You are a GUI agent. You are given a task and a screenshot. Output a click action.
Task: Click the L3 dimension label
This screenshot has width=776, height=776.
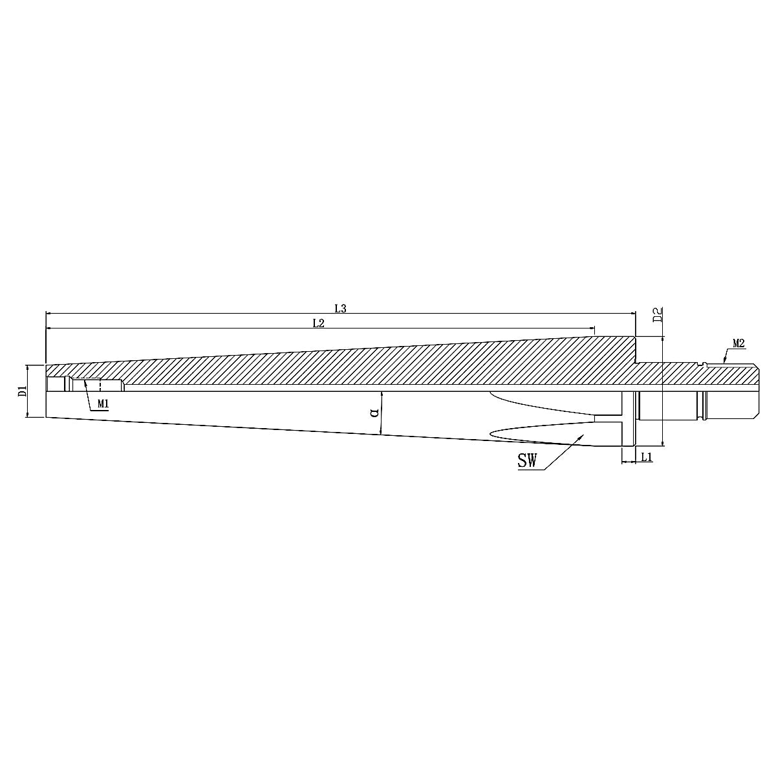pyautogui.click(x=341, y=308)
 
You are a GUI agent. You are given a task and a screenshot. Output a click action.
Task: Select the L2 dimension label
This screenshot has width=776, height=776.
pyautogui.click(x=318, y=323)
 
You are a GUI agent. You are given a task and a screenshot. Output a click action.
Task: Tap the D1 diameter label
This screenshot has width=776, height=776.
pyautogui.click(x=22, y=391)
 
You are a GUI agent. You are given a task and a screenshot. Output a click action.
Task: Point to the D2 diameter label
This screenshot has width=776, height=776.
pyautogui.click(x=658, y=316)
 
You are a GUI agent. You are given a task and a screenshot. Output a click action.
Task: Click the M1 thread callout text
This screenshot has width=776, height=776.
pyautogui.click(x=103, y=404)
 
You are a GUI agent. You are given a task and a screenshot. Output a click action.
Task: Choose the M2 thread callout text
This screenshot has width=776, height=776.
pyautogui.click(x=739, y=343)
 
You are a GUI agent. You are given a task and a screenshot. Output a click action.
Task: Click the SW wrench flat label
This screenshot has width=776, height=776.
pyautogui.click(x=527, y=460)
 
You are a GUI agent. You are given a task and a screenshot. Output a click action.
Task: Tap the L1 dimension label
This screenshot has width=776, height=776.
pyautogui.click(x=647, y=457)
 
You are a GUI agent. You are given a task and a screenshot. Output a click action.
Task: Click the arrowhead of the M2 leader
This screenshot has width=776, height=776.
pyautogui.click(x=724, y=361)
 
